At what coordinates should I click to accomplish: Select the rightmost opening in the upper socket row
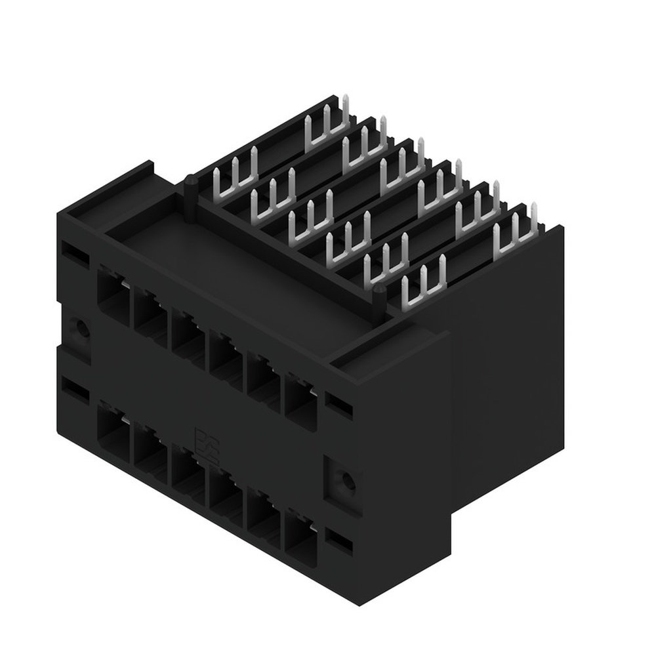(x=300, y=400)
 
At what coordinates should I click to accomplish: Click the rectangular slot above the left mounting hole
(x=74, y=252)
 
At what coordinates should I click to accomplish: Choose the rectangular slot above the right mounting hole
(x=339, y=405)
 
